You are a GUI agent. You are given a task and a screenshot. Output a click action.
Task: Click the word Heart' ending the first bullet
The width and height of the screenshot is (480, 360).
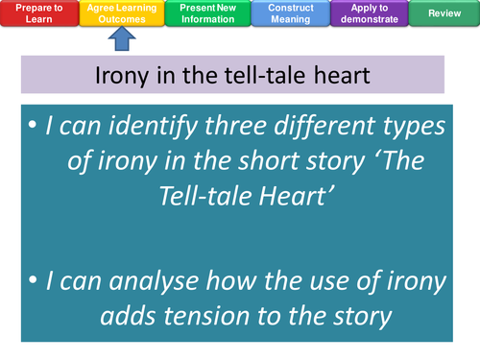pyautogui.click(x=278, y=195)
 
